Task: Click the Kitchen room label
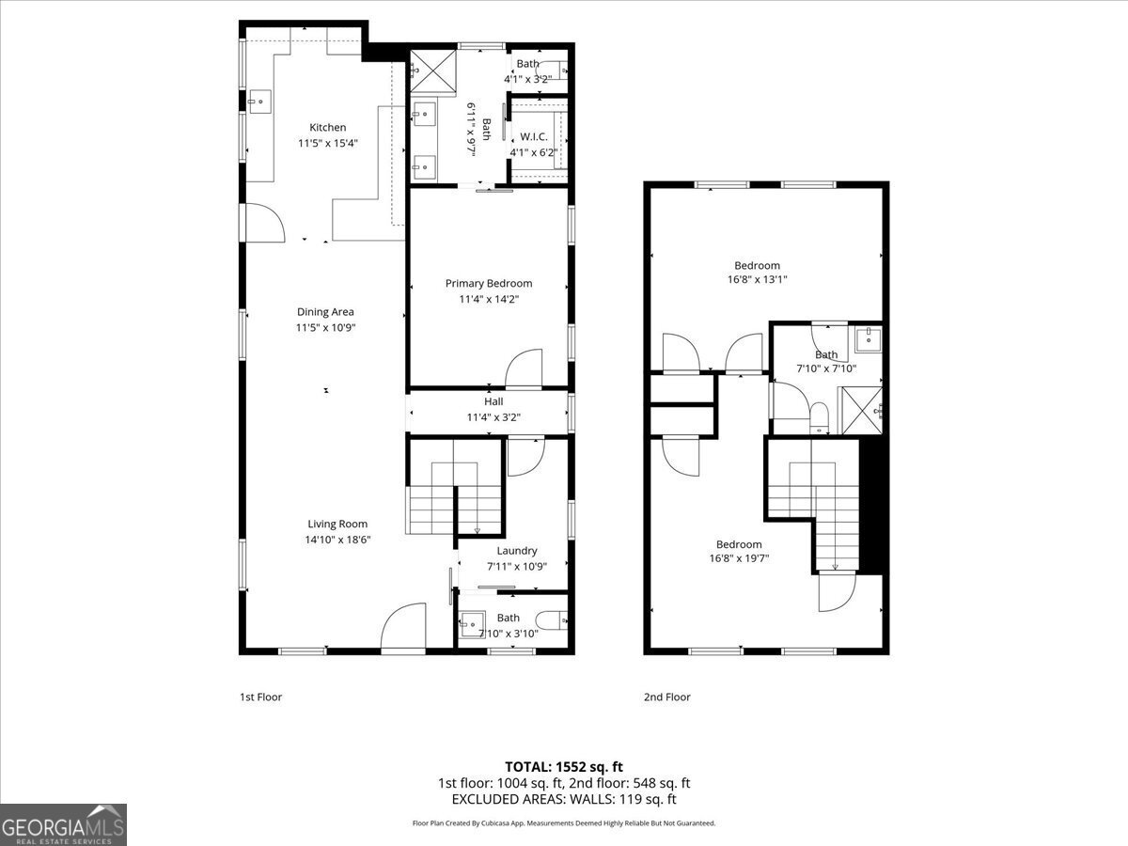(x=328, y=127)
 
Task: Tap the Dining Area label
(x=325, y=312)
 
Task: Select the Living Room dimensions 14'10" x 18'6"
(x=337, y=540)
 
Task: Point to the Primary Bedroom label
(x=489, y=283)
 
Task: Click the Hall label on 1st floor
(x=493, y=401)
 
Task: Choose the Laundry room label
(x=517, y=551)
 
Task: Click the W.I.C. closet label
(x=534, y=136)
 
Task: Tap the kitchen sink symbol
(x=258, y=101)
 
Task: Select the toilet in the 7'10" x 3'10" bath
(x=553, y=619)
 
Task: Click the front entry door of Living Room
(x=404, y=630)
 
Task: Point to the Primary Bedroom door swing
(x=525, y=368)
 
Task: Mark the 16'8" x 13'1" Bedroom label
(x=757, y=265)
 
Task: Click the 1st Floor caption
(x=260, y=697)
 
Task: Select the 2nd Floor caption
(x=666, y=697)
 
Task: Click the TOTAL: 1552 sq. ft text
(x=564, y=766)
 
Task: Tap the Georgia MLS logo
(x=64, y=824)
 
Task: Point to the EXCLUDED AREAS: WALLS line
(x=564, y=799)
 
